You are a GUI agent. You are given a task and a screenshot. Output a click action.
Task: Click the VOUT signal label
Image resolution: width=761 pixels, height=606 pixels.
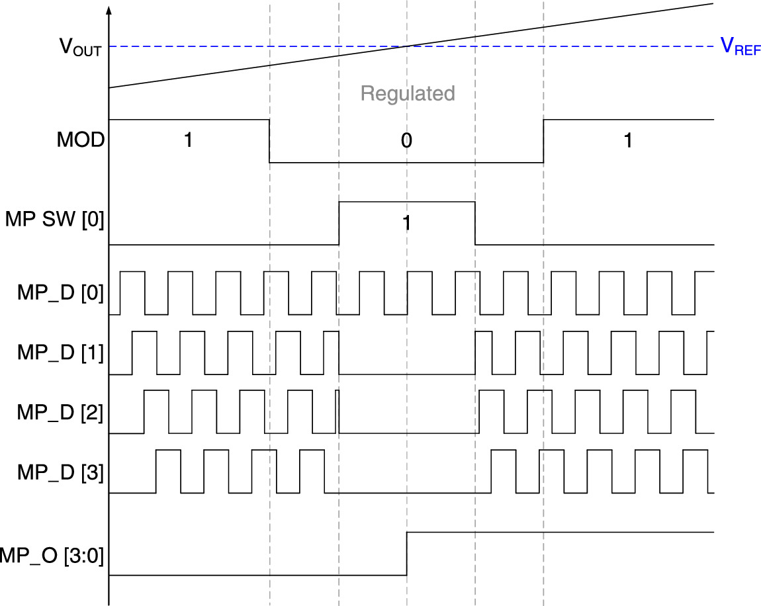[80, 47]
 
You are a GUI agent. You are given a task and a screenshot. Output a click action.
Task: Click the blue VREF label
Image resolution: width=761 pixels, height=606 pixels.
[740, 47]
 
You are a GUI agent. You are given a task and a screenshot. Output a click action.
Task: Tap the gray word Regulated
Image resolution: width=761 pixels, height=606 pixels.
[408, 93]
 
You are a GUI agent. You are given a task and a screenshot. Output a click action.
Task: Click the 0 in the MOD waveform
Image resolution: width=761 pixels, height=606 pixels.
[406, 140]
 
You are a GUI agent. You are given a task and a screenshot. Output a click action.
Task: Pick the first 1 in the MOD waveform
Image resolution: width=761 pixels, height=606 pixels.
[188, 140]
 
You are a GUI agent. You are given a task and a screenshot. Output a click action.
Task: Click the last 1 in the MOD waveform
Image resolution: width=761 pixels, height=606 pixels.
[628, 140]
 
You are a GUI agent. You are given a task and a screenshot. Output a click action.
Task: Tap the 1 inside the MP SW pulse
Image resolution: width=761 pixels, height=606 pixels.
[406, 223]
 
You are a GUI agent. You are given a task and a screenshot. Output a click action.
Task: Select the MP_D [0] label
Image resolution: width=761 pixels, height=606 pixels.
[60, 292]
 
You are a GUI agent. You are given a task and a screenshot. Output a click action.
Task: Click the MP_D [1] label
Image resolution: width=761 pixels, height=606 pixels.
[60, 351]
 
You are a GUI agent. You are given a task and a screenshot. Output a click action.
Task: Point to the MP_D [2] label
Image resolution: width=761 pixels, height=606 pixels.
[60, 411]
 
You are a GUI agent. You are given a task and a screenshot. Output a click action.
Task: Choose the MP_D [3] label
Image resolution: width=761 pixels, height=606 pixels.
[60, 472]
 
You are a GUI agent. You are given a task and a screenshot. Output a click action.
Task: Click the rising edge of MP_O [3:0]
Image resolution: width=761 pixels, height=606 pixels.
[406, 554]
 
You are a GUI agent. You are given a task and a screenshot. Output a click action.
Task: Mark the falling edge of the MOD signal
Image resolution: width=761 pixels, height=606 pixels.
[269, 141]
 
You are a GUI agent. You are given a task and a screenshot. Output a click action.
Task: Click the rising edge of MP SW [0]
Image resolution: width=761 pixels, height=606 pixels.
[339, 223]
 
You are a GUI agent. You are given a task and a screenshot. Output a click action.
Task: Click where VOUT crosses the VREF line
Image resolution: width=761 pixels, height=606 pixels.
[406, 46]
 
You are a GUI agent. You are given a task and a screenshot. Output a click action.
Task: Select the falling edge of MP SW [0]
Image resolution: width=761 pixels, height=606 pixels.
[475, 223]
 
